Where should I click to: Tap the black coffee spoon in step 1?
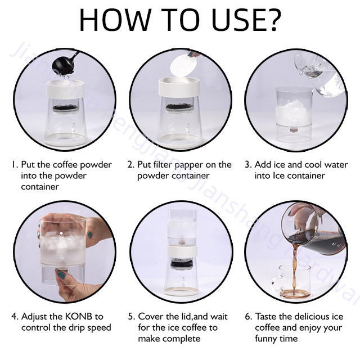pos(64,64)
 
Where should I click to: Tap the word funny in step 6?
pos(265,339)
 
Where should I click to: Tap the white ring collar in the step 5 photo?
pos(182,251)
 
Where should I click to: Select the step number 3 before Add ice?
pos(247,165)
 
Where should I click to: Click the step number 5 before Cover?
pos(131,317)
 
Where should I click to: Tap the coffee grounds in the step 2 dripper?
pos(179,107)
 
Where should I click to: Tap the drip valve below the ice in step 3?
pos(294,130)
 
